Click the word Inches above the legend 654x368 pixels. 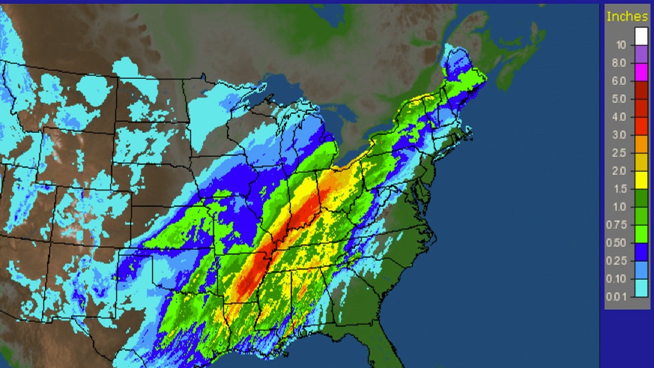click(627, 16)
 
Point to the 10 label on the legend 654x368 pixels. click(621, 45)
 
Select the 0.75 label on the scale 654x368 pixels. click(619, 226)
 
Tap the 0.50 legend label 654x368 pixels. click(619, 244)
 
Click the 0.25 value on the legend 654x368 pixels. click(619, 262)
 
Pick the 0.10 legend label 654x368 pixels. click(619, 280)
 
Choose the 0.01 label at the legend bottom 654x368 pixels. click(619, 297)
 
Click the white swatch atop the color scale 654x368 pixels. click(641, 36)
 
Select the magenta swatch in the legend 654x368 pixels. click(641, 72)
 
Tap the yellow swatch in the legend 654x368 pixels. click(641, 180)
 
